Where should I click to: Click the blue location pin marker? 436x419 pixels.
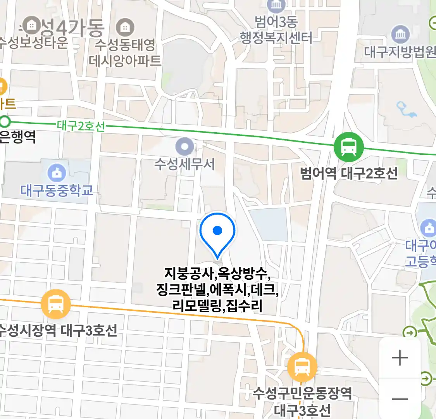[217, 232]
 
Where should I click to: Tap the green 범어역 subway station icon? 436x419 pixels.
[349, 147]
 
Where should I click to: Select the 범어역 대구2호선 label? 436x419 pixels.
[349, 173]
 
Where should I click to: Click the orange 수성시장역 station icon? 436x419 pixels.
[56, 304]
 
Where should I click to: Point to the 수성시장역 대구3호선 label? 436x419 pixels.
[58, 331]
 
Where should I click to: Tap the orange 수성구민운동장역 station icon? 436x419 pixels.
[302, 366]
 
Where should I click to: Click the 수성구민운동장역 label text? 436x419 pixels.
[302, 393]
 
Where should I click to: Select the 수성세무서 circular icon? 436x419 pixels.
[184, 147]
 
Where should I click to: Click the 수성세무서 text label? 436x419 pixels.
[184, 164]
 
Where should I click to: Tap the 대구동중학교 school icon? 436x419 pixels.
[57, 173]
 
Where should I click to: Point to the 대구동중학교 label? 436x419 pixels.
[57, 190]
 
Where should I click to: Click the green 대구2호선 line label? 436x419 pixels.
[81, 126]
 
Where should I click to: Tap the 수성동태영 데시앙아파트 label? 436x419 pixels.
[125, 52]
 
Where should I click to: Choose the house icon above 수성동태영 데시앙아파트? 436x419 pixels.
[125, 27]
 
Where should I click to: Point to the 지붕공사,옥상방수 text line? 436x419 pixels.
[217, 274]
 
